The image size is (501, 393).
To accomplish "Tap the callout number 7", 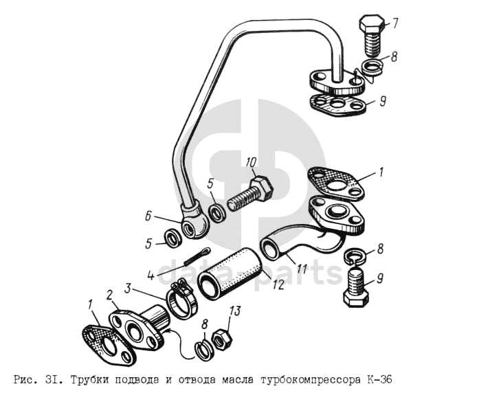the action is pos(394,23).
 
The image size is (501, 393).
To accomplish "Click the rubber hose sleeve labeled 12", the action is pos(231,274).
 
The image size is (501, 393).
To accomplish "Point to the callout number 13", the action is pos(235,311).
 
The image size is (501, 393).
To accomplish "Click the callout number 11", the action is pos(302,269).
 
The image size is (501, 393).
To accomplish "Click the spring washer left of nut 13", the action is pos(203,350).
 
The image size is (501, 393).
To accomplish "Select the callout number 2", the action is pos(109,295).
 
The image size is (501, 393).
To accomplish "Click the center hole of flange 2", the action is pos(133,330).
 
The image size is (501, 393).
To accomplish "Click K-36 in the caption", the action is pos(378,379).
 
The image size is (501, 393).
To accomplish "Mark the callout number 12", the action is pos(278,284).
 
